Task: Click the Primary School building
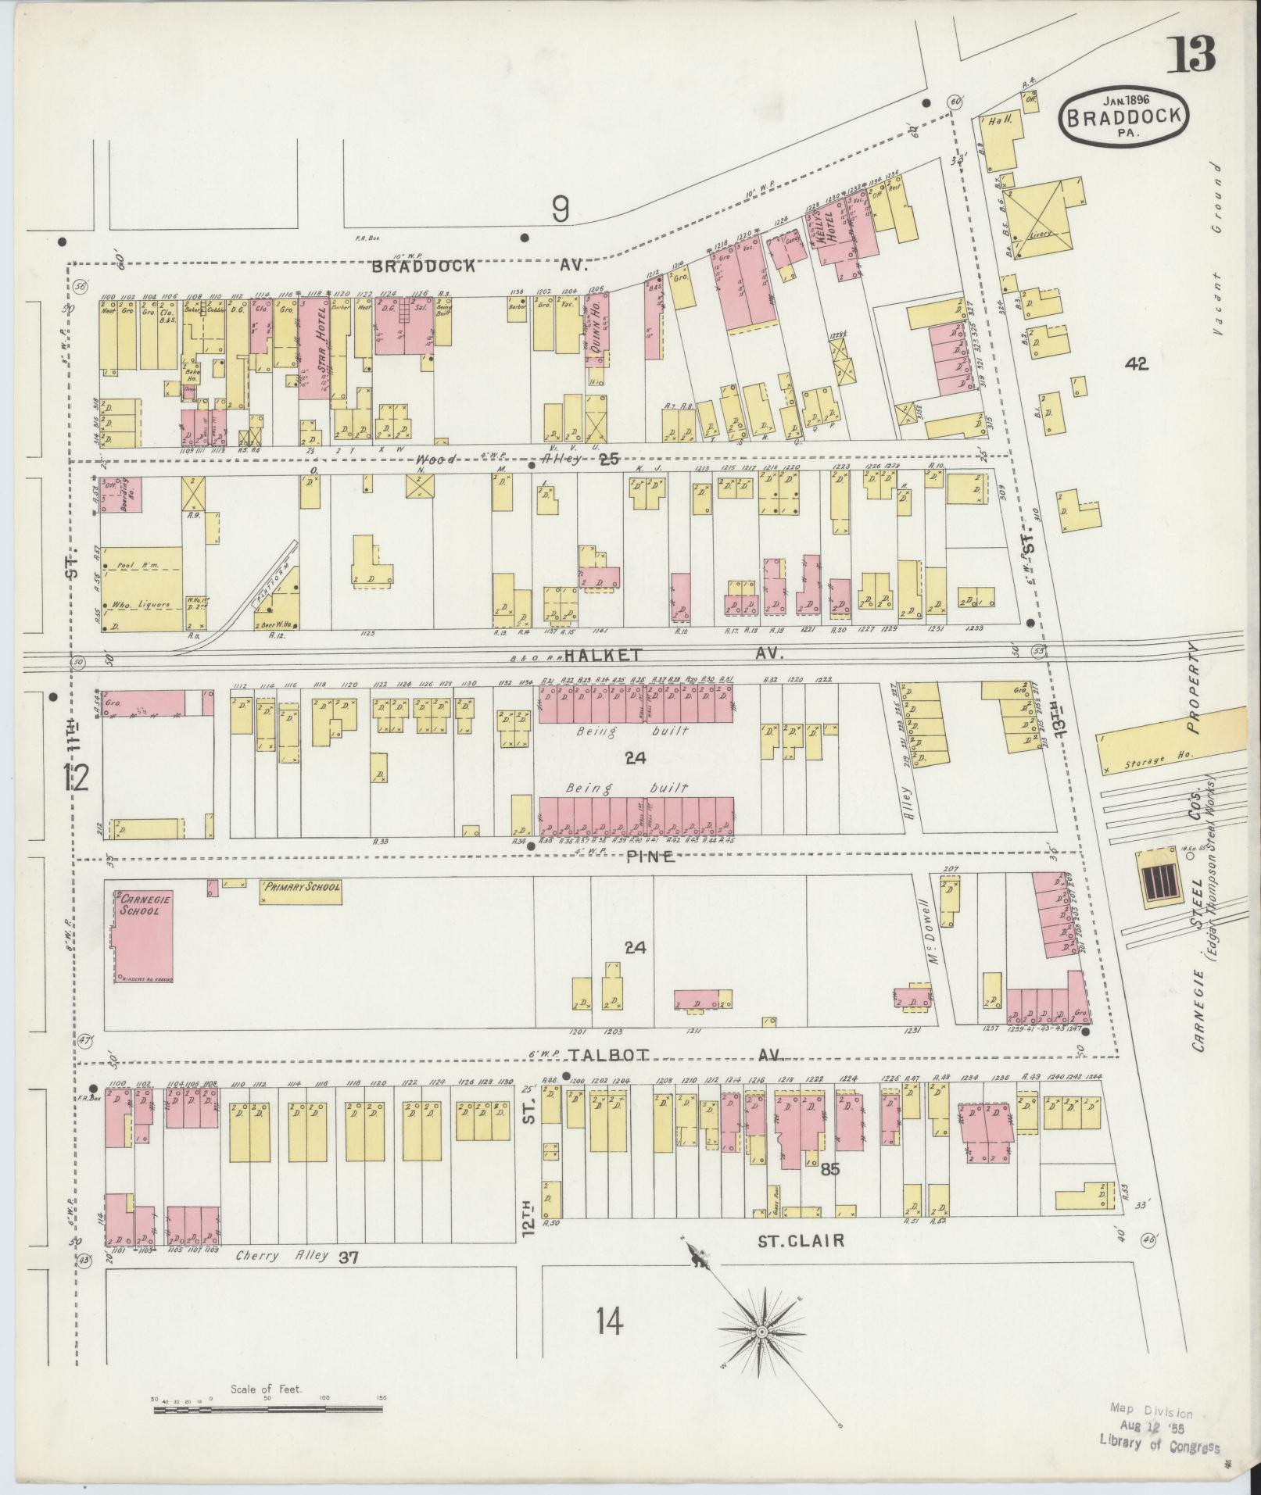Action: click(301, 892)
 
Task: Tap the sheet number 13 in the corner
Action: click(1191, 53)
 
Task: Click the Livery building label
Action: click(1044, 234)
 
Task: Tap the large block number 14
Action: click(609, 1323)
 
